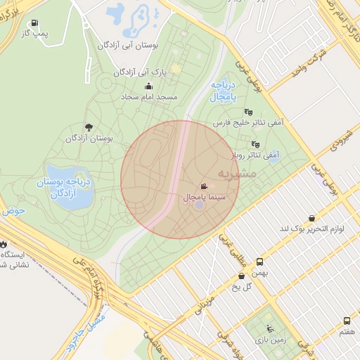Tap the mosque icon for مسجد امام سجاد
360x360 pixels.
click(148, 86)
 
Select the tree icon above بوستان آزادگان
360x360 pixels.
click(88, 127)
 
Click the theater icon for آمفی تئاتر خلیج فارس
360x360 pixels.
click(247, 111)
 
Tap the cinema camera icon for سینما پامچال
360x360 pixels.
click(203, 187)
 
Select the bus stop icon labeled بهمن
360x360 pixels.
click(260, 260)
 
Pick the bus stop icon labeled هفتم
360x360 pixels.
click(347, 320)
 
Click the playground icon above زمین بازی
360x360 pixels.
click(270, 328)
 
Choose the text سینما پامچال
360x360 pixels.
click(204, 198)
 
